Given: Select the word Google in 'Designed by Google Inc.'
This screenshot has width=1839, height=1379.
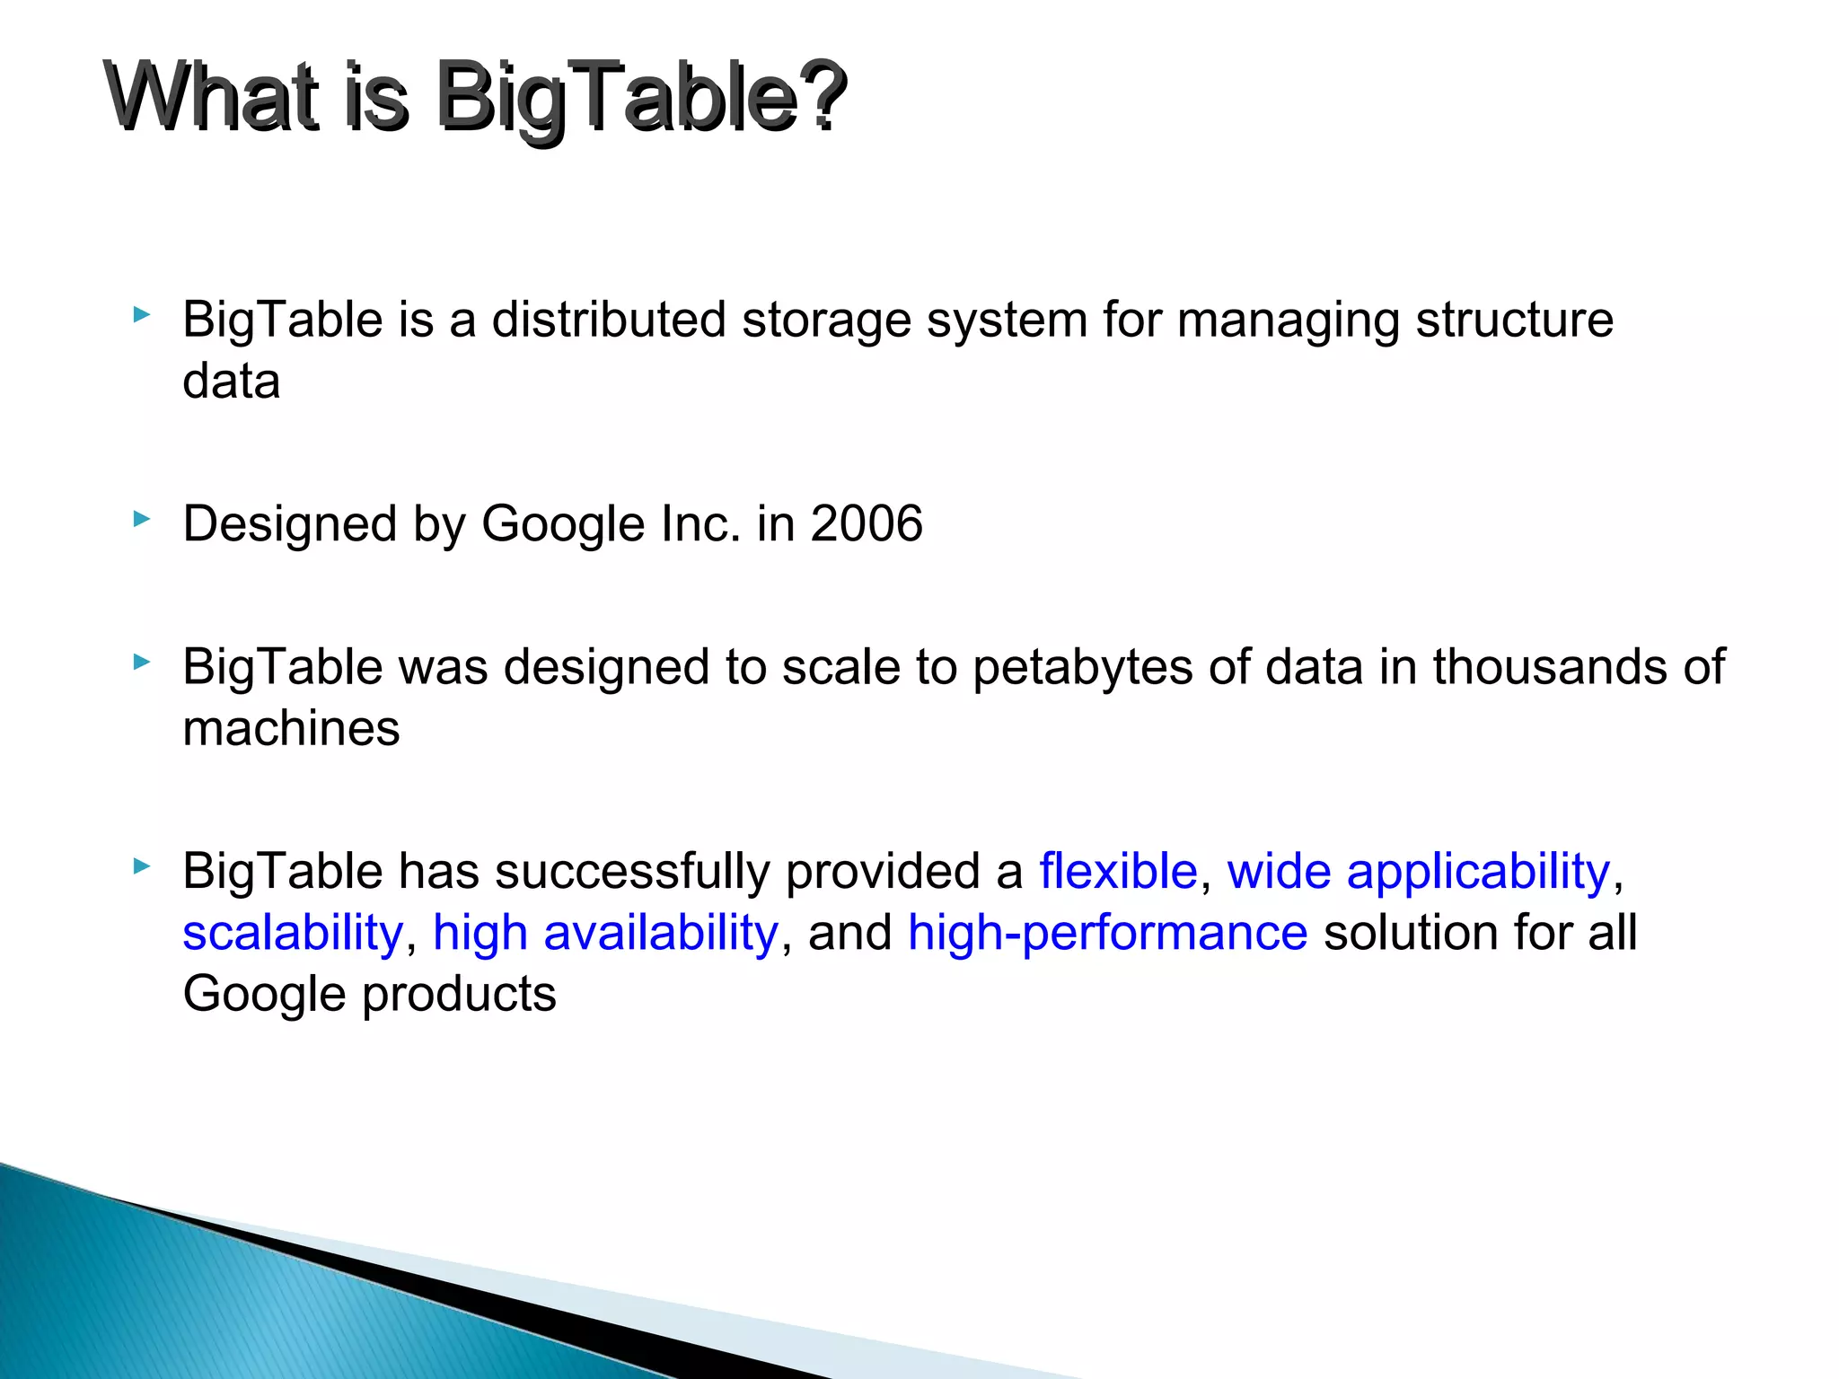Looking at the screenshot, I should pos(563,525).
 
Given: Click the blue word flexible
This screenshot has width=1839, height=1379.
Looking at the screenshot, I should pos(1118,871).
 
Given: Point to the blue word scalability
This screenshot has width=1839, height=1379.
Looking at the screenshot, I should pos(293,934).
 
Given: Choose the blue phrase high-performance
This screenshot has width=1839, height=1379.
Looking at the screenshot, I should pos(1107,934).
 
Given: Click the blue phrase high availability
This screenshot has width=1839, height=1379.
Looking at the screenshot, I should pos(605,934).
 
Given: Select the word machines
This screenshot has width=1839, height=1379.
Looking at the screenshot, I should pos(291,728).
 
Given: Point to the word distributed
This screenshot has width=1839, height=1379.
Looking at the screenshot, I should pos(609,320).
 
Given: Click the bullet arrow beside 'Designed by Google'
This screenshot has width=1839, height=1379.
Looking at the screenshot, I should pos(141,519).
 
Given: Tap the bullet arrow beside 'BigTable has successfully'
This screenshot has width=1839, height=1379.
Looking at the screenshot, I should pos(141,866).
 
